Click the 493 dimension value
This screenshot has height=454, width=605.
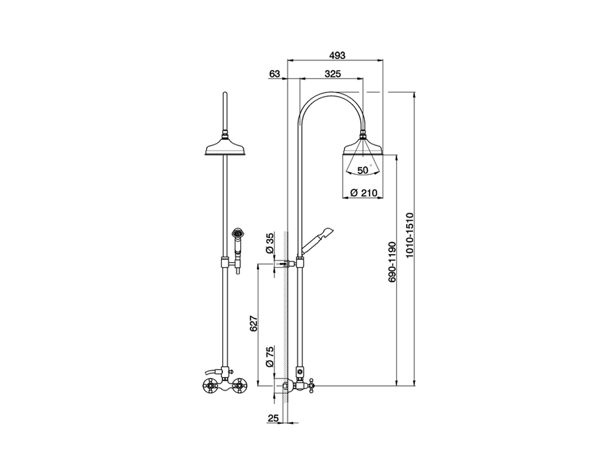[337, 55]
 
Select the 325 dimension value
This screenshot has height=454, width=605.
[333, 73]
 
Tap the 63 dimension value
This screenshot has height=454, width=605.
[275, 73]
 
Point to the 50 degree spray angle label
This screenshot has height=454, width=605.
[363, 170]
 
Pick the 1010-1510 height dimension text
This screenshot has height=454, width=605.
[409, 235]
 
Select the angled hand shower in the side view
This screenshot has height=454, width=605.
[318, 239]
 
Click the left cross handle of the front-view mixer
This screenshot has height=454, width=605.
[210, 386]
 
